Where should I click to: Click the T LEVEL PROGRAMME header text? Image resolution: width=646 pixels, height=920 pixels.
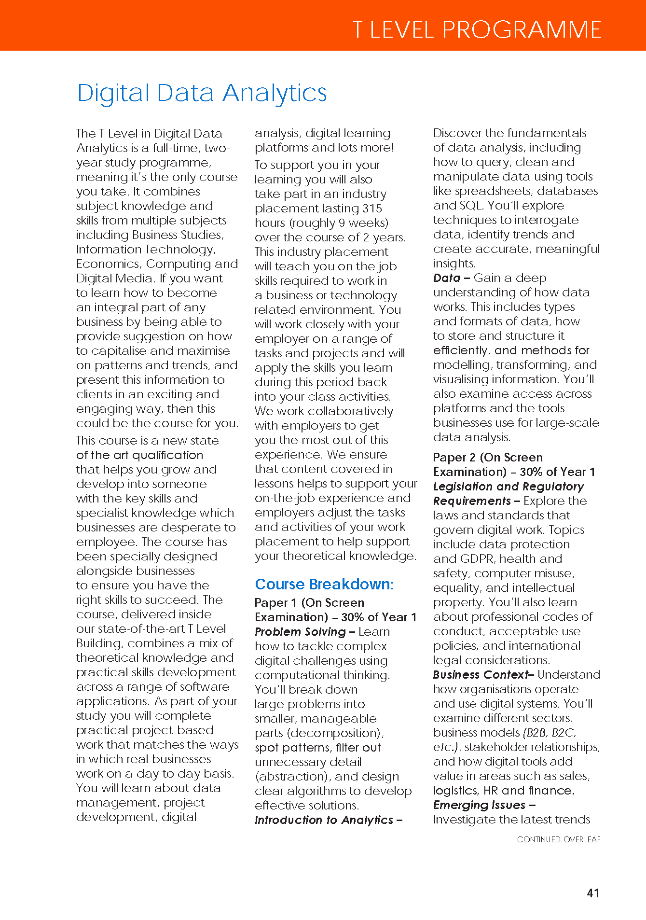tap(477, 29)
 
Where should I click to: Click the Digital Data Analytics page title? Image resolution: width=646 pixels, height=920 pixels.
tap(202, 93)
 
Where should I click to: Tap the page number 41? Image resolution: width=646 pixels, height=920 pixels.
tap(593, 893)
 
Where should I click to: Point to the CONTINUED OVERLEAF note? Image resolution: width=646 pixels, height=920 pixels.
tap(559, 839)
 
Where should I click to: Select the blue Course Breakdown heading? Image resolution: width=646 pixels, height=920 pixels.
tap(324, 584)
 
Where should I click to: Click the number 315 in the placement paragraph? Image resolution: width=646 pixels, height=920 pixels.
tap(371, 208)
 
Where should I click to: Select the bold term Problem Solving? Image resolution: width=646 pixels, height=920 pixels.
tap(300, 631)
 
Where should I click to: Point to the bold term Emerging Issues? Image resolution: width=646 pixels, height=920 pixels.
tap(479, 805)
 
